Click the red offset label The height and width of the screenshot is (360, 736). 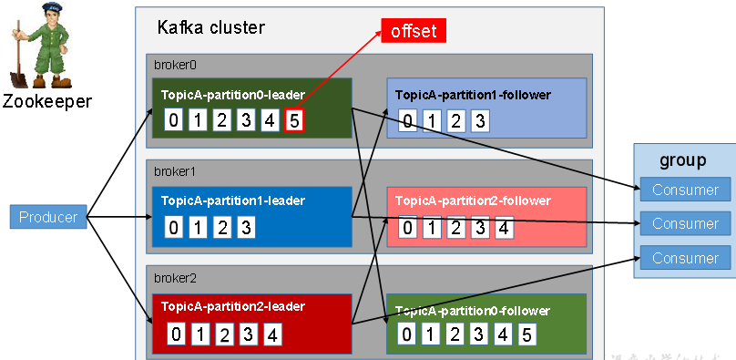414,31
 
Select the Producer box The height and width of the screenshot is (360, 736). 48,217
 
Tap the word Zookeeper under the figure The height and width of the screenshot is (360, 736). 46,101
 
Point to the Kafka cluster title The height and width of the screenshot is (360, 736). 211,27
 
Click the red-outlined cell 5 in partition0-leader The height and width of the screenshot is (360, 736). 293,119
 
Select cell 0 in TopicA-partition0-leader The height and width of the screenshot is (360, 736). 174,119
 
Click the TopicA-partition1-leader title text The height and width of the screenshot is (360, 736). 233,201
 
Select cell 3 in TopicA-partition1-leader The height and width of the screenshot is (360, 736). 245,227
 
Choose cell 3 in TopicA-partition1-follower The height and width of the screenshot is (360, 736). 480,120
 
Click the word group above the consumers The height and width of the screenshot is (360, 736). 683,161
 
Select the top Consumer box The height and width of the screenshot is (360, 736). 685,190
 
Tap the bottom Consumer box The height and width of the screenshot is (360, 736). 685,258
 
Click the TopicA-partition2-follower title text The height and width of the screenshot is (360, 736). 474,201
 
